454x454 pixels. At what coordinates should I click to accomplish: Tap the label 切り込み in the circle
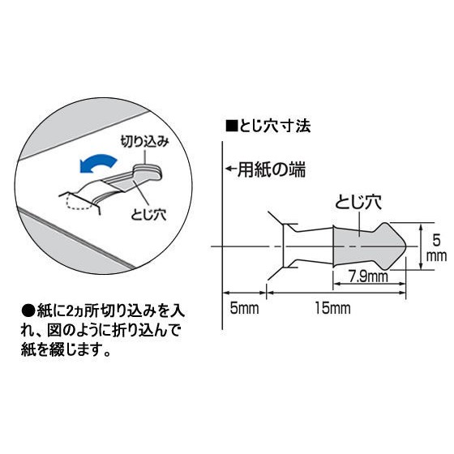click(144, 142)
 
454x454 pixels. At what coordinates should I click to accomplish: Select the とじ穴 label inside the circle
click(148, 215)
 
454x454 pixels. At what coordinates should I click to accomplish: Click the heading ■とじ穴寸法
click(268, 126)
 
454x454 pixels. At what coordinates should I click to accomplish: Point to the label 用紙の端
click(272, 169)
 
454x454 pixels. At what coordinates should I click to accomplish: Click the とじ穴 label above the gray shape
click(358, 203)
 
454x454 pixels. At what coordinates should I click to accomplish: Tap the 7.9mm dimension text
click(369, 276)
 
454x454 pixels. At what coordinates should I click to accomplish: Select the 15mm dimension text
click(333, 308)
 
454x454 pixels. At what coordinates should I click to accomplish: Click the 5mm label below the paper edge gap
click(244, 308)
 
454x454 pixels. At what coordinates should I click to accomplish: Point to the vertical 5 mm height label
click(437, 248)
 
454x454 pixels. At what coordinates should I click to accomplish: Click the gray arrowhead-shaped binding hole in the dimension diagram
click(369, 246)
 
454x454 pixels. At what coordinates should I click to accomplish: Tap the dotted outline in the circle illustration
click(78, 203)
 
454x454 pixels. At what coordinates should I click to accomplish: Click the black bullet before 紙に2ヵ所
click(28, 312)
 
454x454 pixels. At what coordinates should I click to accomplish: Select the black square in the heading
click(231, 126)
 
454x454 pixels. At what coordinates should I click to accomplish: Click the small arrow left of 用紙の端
click(231, 169)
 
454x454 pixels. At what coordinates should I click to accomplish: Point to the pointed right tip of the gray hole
click(406, 246)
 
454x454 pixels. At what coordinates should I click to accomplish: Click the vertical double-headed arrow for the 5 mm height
click(421, 246)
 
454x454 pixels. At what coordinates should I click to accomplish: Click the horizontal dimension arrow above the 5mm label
click(244, 293)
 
